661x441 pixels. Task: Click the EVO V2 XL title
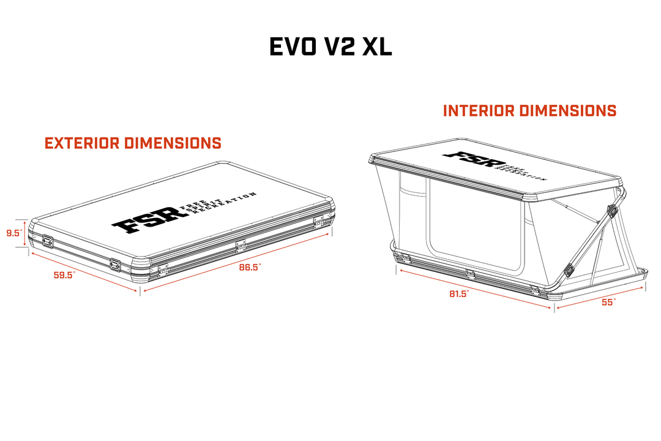click(x=330, y=47)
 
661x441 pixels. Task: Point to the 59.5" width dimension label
click(x=64, y=275)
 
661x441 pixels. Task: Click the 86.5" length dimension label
click(x=250, y=267)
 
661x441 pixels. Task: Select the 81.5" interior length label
click(x=459, y=294)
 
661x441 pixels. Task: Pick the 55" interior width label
click(x=609, y=302)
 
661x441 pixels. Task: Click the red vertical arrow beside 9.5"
click(x=25, y=233)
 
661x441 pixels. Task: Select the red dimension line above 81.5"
click(x=475, y=289)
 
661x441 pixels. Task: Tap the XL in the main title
click(x=377, y=47)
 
